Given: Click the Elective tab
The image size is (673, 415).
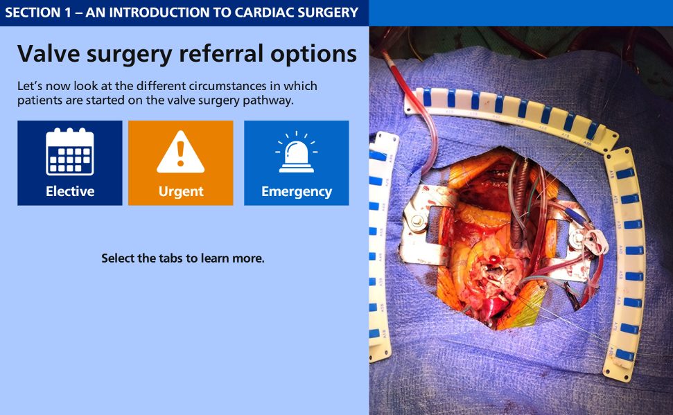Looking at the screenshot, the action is (70, 163).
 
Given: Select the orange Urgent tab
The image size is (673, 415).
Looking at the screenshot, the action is (181, 163).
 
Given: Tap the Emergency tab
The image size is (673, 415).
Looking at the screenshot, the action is (297, 163).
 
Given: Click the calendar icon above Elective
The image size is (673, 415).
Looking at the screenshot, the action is (70, 152).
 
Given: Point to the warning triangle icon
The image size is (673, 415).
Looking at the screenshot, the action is (181, 152).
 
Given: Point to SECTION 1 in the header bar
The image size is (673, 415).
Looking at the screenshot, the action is (38, 12).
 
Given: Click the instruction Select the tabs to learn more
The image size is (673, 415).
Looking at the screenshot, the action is (183, 258).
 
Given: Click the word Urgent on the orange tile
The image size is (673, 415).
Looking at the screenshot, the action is (181, 191).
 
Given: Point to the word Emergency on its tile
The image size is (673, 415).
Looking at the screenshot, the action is (297, 191).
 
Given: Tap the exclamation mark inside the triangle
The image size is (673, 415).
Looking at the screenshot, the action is (181, 154).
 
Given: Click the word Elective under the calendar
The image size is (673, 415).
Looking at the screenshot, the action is (70, 191).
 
